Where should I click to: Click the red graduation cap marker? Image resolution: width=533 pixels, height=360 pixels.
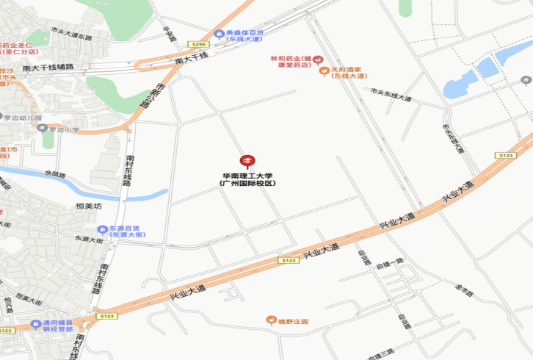(247, 161)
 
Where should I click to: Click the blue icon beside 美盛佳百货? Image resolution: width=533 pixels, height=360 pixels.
(218, 33)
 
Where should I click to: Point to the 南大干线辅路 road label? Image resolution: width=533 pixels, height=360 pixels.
(48, 68)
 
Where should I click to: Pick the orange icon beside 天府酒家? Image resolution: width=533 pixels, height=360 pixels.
(323, 71)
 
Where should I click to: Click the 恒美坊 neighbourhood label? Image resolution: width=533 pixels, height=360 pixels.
(88, 206)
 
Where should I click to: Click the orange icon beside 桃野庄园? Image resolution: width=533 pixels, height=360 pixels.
(270, 321)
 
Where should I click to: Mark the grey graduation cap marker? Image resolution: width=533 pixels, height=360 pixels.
(526, 79)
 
